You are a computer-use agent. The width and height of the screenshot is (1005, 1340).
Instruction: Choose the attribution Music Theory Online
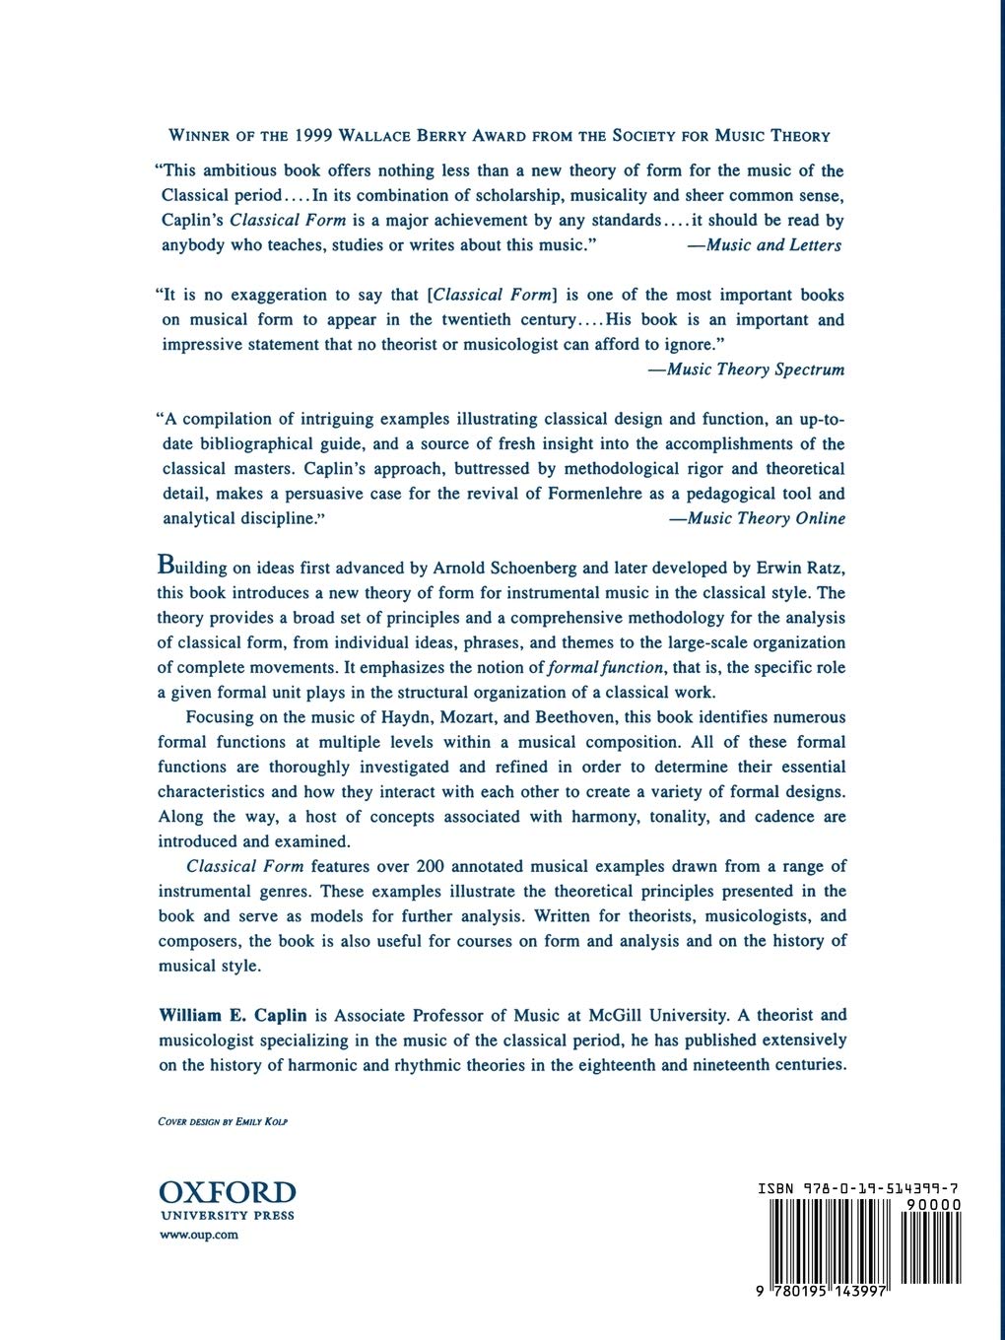757,518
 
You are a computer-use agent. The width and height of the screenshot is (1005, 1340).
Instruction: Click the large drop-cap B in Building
167,567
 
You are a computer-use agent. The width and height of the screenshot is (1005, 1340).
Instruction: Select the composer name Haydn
391,717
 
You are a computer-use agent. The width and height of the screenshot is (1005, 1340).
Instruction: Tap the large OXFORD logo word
227,1193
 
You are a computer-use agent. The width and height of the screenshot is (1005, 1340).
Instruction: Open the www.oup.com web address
198,1235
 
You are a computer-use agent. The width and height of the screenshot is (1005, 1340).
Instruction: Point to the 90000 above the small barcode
934,1204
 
